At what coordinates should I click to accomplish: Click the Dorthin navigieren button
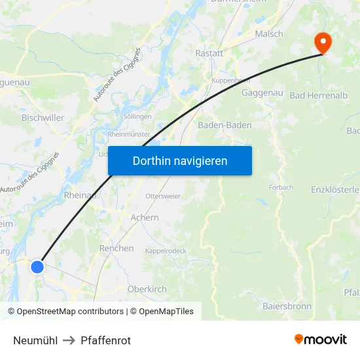[180, 160]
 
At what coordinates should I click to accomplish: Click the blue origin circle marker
[37, 266]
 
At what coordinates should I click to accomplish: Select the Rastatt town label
[210, 53]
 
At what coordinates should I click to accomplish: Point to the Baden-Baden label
[225, 125]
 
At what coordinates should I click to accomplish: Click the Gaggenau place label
[262, 93]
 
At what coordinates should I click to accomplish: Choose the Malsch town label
[269, 34]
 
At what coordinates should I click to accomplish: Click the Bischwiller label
[43, 118]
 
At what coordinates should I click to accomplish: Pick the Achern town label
[144, 217]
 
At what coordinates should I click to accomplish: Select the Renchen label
[117, 249]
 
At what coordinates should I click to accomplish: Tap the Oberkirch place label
[147, 289]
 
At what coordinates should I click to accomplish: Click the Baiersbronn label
[287, 306]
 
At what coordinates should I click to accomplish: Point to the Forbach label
[281, 187]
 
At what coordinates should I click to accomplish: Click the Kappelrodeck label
[166, 251]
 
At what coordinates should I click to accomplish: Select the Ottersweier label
[163, 196]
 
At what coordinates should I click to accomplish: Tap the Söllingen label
[137, 117]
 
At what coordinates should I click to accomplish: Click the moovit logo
[320, 340]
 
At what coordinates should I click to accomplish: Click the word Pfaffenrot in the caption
[106, 340]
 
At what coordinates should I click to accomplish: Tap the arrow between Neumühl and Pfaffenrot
[69, 340]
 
